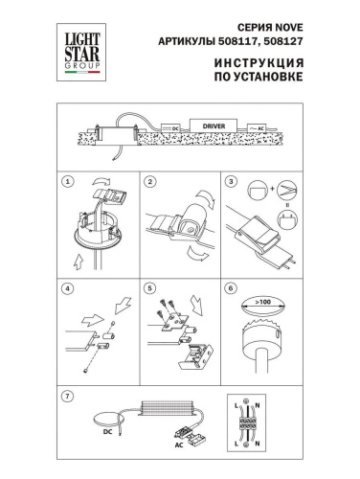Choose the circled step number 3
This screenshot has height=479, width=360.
pos(230,181)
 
